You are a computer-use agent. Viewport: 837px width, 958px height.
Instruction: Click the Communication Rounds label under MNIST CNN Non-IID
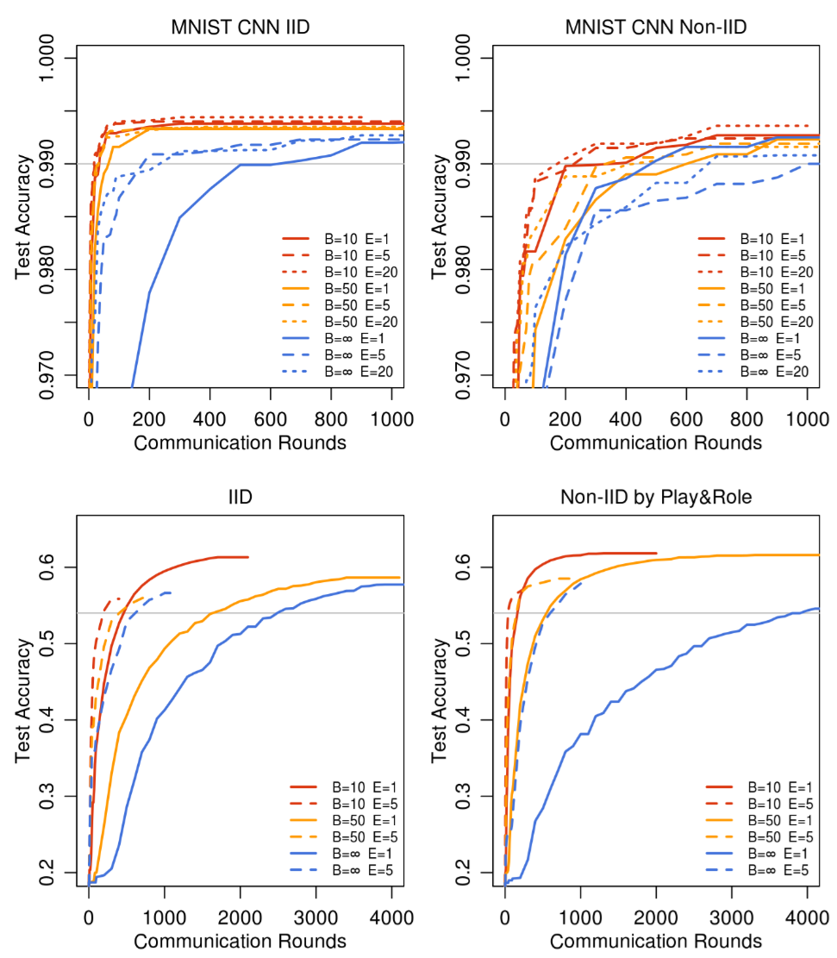click(x=655, y=442)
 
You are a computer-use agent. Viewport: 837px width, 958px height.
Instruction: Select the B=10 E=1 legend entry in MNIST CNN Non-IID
click(x=772, y=239)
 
